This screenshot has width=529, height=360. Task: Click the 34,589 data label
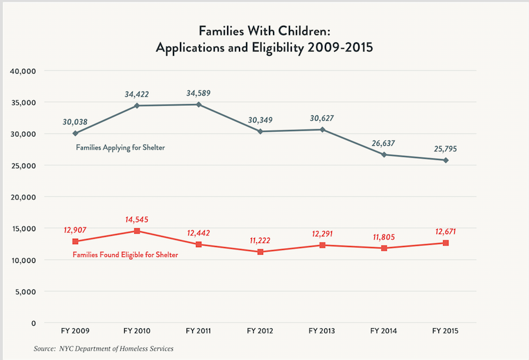pos(198,93)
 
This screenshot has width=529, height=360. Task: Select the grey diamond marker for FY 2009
pos(75,134)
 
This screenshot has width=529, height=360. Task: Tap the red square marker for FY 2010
pos(137,231)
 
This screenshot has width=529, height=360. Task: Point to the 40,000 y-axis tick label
pos(24,71)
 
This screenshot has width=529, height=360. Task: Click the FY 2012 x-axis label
pos(260,332)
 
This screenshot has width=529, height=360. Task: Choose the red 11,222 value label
pos(260,241)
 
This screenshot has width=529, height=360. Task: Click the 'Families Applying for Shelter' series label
pos(120,148)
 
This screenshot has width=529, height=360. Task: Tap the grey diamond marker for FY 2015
pos(446,160)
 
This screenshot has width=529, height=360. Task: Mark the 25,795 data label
pos(445,149)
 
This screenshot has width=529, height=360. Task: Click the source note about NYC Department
pos(104,349)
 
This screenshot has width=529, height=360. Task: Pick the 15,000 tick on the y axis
pos(24,228)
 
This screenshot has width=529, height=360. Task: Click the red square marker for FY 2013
pos(322,245)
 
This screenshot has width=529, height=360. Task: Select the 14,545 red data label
pos(137,219)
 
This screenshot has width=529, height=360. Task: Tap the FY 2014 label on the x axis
pos(384,332)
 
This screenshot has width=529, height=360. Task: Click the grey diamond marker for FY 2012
pos(260,131)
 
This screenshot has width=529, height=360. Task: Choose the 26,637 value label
pos(384,144)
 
